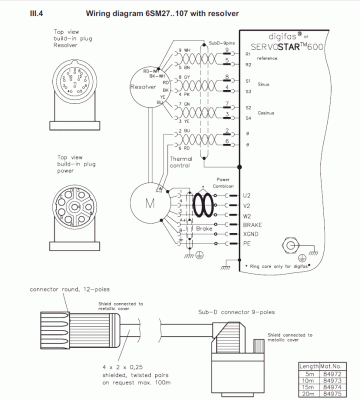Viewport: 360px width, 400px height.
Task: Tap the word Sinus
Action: coord(265,88)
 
